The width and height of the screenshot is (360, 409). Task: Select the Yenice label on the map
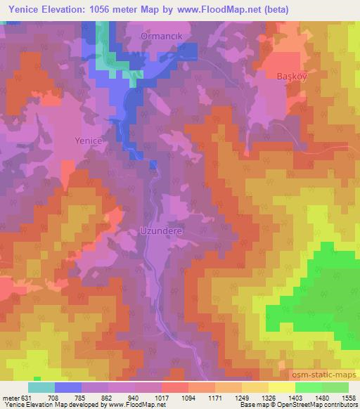coord(89,141)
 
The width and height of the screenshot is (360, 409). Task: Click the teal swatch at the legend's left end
coord(42,387)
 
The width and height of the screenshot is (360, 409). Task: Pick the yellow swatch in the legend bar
coord(281,387)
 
